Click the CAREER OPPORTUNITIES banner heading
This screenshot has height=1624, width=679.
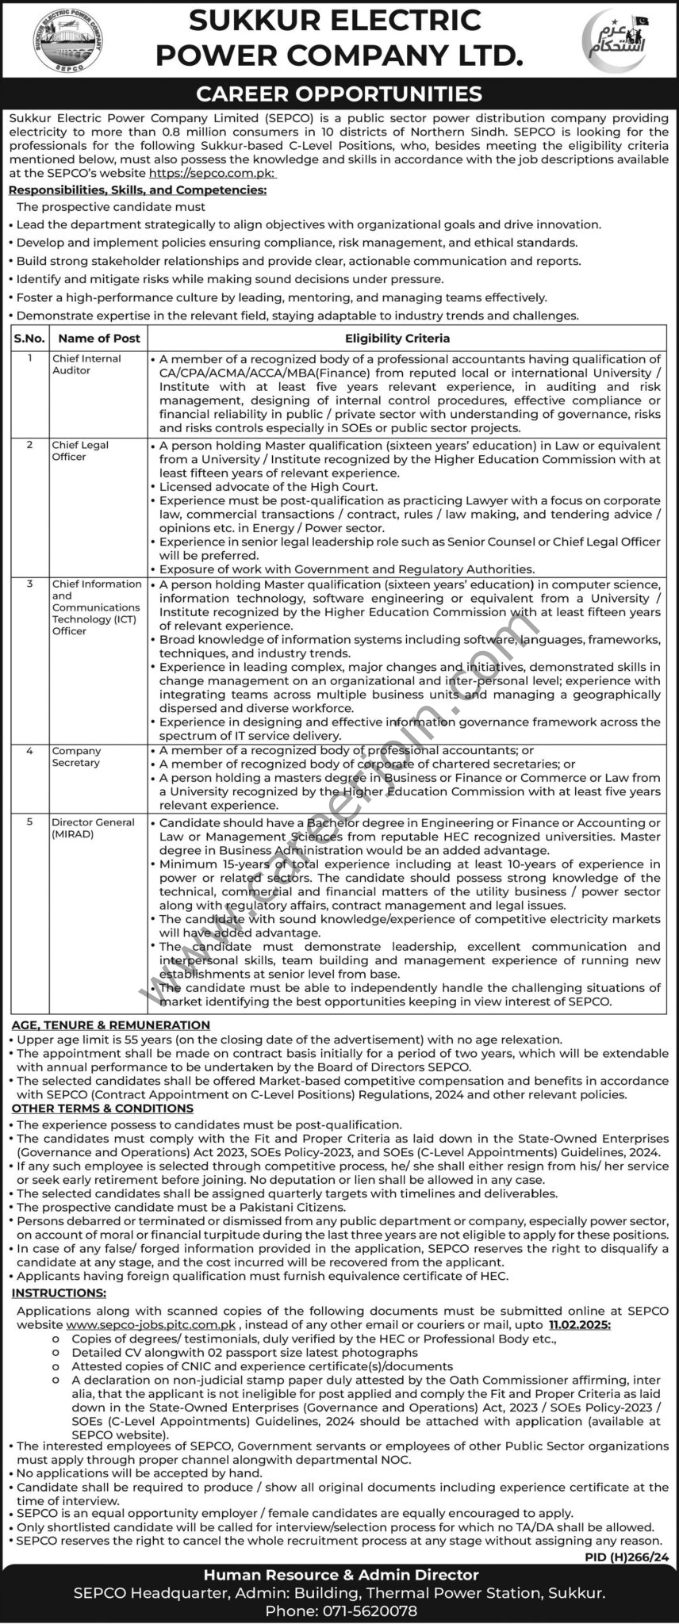[339, 94]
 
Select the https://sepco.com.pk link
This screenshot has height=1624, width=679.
[205, 170]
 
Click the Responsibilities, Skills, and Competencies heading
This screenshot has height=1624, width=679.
[137, 190]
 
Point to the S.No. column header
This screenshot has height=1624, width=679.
[29, 338]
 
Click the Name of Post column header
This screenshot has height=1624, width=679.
[99, 338]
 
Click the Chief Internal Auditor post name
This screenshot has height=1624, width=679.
[86, 364]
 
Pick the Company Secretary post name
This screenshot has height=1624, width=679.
[76, 756]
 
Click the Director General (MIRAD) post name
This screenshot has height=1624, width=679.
[93, 828]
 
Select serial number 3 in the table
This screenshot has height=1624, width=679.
[29, 584]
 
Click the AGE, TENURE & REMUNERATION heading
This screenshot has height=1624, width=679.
[111, 1025]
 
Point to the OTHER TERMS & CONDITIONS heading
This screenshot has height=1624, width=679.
[103, 1109]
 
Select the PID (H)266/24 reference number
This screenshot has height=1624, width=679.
[631, 1557]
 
